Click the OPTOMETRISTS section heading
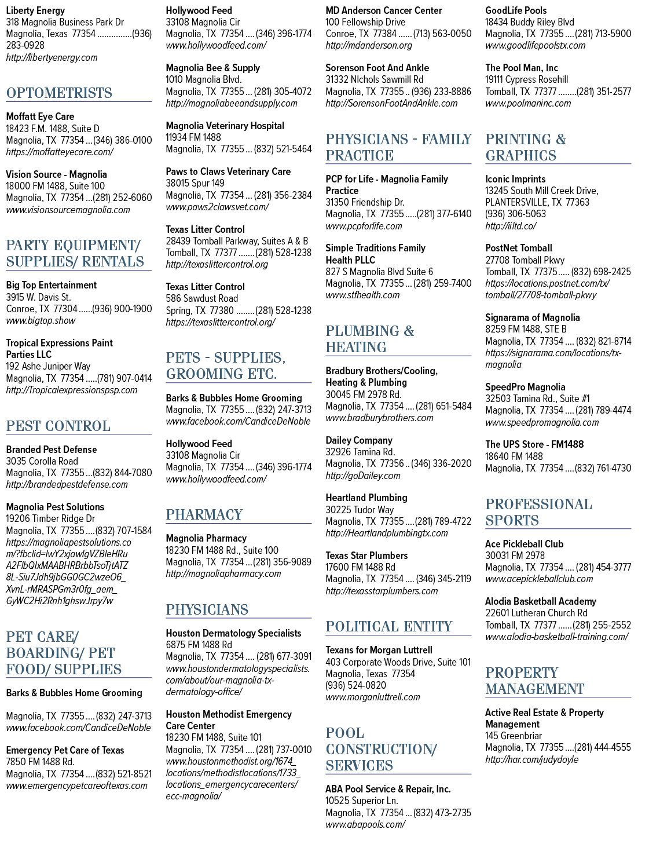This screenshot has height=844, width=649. coord(59,93)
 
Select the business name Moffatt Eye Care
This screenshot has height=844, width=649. coord(40,116)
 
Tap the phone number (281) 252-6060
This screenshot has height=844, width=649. coord(122,198)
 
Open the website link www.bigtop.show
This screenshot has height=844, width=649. coord(41,321)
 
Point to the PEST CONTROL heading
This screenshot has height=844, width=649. coord(58,426)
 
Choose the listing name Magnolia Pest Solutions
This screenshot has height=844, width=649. coord(55,507)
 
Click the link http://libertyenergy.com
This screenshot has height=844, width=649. coord(52,57)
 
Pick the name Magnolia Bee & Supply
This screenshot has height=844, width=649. coord(212,68)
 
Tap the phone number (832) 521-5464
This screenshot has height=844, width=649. coord(283,149)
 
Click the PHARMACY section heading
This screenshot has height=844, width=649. coord(204,514)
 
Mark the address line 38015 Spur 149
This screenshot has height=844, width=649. coord(195,183)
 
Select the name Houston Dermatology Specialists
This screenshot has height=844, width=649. coord(233,634)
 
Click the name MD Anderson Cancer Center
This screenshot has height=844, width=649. coord(383,10)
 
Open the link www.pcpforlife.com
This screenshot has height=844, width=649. coord(364,226)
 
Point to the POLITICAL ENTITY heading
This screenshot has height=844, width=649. coord(389,627)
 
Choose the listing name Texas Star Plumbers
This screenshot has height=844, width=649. coord(366,556)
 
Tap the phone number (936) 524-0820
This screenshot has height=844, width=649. coord(355,685)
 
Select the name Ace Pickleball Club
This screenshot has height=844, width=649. coord(524,544)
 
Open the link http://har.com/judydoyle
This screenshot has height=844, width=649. coord(532,760)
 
